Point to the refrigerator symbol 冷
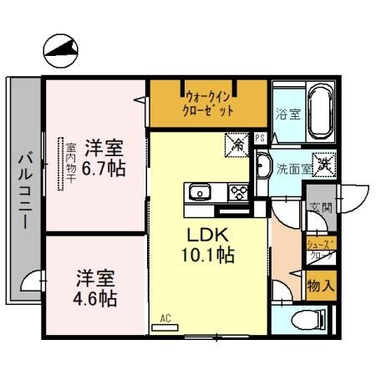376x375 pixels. (236, 145)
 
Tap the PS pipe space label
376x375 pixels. (260, 139)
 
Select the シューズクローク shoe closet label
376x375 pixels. (320, 249)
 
